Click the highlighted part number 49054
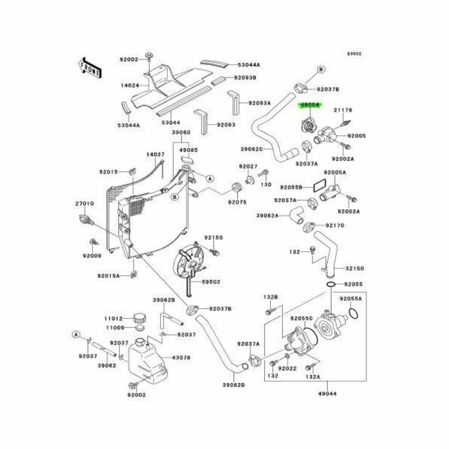pyautogui.click(x=311, y=105)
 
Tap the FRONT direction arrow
pyautogui.click(x=89, y=68)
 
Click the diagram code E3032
pyautogui.click(x=355, y=54)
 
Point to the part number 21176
pyautogui.click(x=343, y=110)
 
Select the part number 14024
pyautogui.click(x=129, y=86)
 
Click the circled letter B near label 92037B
pyautogui.click(x=321, y=69)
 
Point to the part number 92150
pyautogui.click(x=213, y=237)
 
